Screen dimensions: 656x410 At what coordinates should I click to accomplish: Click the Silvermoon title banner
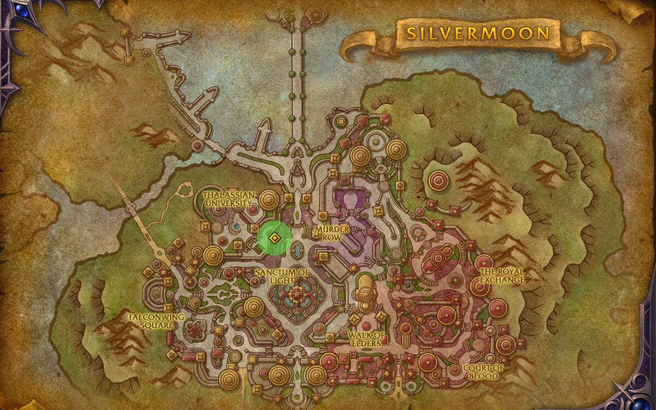pos(478,34)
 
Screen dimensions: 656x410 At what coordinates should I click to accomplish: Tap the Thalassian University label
pos(229,198)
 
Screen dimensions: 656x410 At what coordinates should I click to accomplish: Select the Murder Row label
pos(332,233)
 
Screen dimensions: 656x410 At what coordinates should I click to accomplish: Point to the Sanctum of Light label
pos(283,276)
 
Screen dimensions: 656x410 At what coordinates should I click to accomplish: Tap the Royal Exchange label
pos(502,276)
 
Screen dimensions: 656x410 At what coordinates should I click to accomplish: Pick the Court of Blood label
pos(482,372)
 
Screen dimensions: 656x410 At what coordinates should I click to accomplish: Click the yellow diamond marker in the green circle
pos(274,238)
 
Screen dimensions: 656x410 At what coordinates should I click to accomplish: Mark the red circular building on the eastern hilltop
pos(438,180)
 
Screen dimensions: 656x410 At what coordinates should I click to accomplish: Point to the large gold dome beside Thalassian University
pos(268,200)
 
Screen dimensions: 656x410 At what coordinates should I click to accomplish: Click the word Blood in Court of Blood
pos(482,376)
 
